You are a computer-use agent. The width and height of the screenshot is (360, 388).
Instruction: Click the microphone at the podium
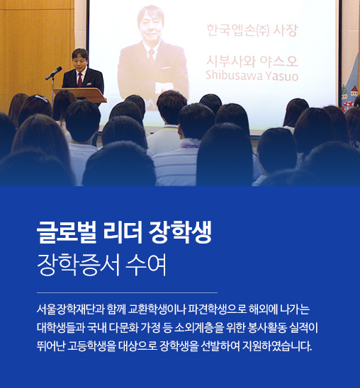click(x=54, y=73)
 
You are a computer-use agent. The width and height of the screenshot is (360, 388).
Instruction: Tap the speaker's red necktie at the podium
click(x=80, y=80)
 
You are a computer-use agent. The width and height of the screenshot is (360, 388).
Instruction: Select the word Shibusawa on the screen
click(x=231, y=75)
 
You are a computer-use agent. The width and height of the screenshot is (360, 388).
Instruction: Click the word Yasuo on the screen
click(x=279, y=75)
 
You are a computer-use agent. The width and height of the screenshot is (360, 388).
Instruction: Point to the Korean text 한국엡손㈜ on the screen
click(x=238, y=30)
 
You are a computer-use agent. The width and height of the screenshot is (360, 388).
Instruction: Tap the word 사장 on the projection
click(x=285, y=30)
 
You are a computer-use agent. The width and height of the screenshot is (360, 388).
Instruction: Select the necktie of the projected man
click(x=151, y=57)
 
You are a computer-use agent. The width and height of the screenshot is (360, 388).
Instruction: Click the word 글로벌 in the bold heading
click(x=67, y=233)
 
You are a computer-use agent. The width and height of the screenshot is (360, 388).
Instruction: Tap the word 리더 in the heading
click(x=123, y=233)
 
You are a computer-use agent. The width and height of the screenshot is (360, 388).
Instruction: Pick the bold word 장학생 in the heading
click(x=180, y=233)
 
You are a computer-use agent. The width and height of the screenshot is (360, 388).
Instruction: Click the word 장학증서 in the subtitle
click(x=78, y=265)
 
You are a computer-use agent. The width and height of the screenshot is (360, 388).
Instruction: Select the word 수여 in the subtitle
click(x=146, y=265)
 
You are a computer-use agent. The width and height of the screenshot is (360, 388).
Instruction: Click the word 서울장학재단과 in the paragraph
click(x=71, y=309)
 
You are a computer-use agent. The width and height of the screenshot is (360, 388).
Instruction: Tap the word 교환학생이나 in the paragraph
click(x=157, y=309)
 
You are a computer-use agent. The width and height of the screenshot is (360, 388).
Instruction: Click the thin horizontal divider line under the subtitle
click(x=127, y=292)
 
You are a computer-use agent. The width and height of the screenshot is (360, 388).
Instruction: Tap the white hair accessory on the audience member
click(x=41, y=98)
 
